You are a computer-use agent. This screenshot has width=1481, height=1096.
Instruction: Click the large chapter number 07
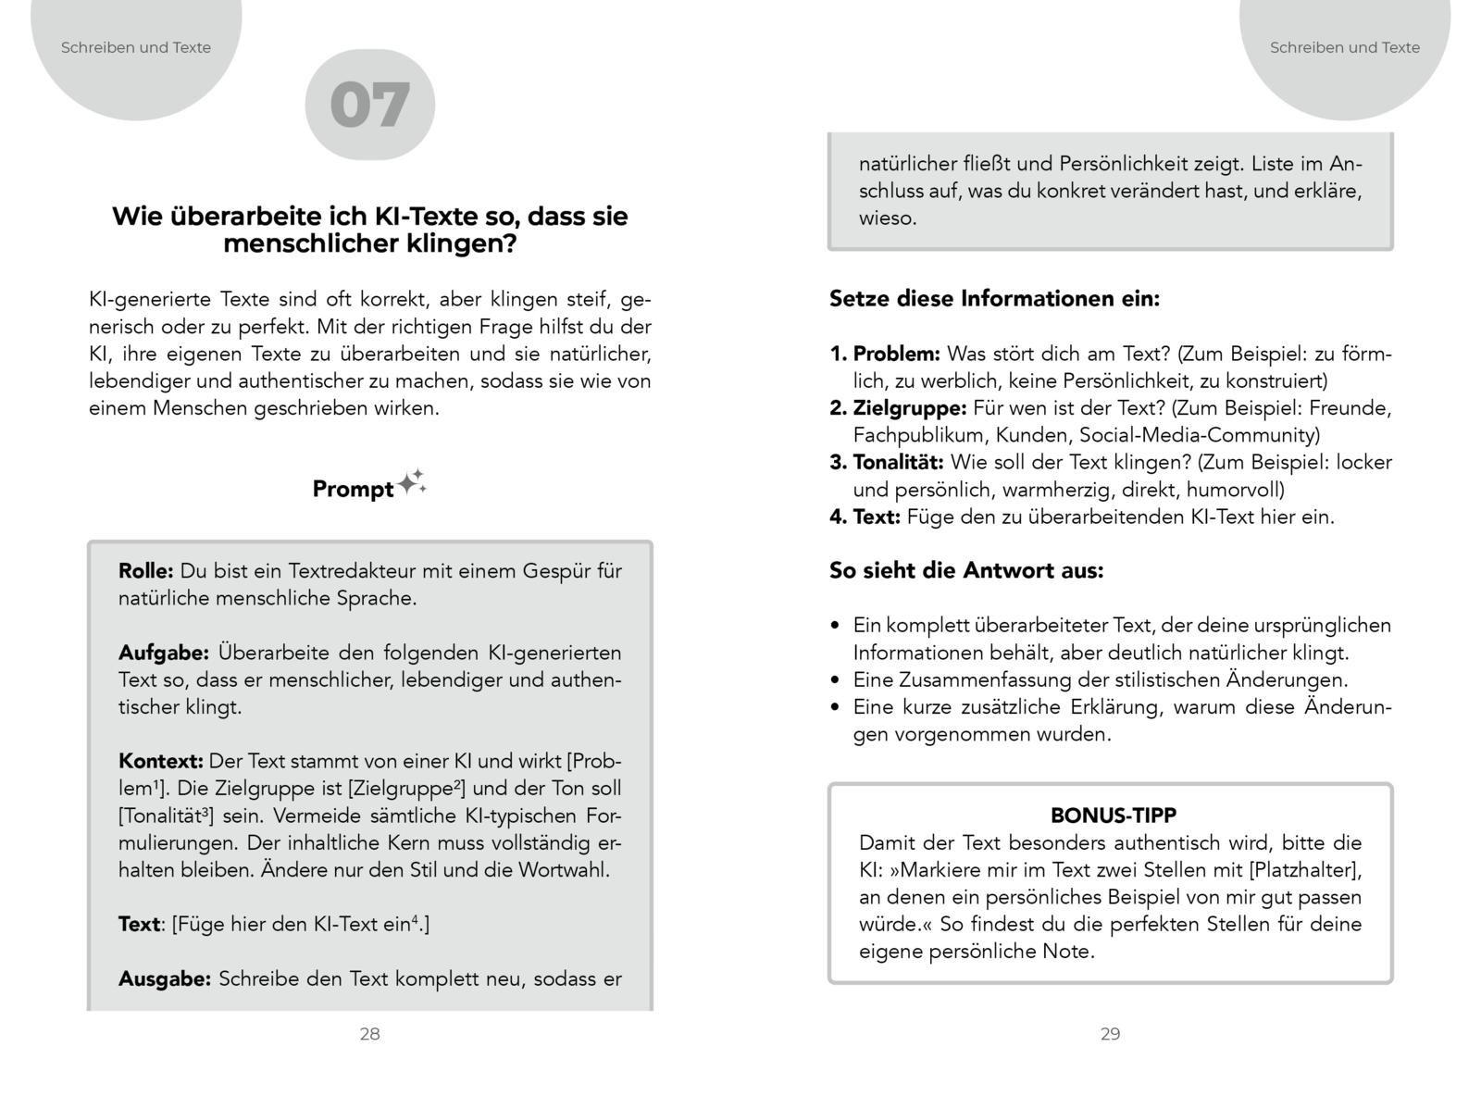(369, 106)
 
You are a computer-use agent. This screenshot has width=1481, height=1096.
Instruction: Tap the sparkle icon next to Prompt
(412, 483)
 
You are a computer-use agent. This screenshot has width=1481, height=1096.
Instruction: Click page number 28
(369, 1034)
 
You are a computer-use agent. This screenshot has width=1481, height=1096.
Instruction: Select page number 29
(1110, 1034)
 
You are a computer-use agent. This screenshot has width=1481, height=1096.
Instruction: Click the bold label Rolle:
(145, 571)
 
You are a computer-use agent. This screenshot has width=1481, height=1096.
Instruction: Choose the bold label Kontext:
(160, 762)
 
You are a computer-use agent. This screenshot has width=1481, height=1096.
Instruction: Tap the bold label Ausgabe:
(165, 979)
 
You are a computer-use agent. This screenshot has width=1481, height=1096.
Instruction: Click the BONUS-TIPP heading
(1114, 816)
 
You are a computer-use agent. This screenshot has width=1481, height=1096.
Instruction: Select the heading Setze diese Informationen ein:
(994, 299)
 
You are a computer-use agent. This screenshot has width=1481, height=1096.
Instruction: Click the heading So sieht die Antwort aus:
(966, 570)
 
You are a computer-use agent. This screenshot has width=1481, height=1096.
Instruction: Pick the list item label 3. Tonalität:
(886, 462)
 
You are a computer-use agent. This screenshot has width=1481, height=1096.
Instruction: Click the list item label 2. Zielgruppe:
(898, 408)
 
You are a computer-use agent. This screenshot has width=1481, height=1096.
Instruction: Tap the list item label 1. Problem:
(885, 354)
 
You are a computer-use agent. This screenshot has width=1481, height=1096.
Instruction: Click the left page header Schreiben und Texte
(136, 47)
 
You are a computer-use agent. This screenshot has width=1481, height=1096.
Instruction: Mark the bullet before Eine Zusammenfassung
(835, 680)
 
